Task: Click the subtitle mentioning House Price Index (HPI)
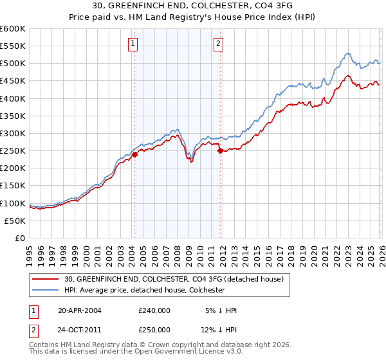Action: (x=193, y=17)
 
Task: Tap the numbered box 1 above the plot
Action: (x=132, y=44)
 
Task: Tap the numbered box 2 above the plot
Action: (x=218, y=44)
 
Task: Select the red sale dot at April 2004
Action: (x=134, y=154)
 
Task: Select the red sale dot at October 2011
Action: (x=220, y=151)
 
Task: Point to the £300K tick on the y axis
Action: (x=13, y=133)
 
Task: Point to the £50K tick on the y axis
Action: (x=15, y=221)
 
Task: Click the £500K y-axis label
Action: (x=13, y=64)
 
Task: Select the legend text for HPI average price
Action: (x=144, y=290)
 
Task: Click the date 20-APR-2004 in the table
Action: (x=80, y=310)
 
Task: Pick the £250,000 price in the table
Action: (x=154, y=329)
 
